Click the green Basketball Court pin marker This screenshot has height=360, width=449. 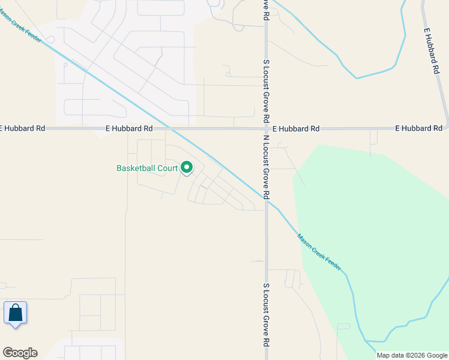[187, 168]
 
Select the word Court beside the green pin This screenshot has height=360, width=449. [169, 169]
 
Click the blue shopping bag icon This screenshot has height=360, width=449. [15, 313]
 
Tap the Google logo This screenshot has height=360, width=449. [20, 353]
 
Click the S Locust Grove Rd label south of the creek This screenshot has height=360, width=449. [265, 316]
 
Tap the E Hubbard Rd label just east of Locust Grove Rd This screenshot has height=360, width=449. [295, 128]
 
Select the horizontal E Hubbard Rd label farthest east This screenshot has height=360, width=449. [418, 128]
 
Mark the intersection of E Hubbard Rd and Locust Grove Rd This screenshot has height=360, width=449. [266, 128]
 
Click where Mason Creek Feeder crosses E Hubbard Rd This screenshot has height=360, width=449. [171, 128]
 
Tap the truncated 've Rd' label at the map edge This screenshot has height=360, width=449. [265, 10]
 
